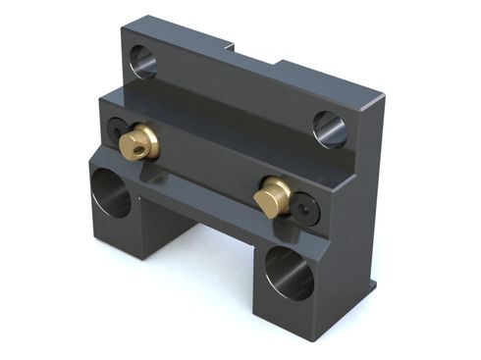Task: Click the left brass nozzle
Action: (x=137, y=143)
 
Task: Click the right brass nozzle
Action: (x=272, y=196)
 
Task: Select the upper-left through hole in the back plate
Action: (x=143, y=62)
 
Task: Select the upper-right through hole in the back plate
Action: (x=330, y=128)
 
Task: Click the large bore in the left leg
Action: (x=110, y=192)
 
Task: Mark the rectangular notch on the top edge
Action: (x=253, y=51)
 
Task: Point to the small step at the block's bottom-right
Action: (x=371, y=286)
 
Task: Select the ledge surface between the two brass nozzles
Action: (x=206, y=147)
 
